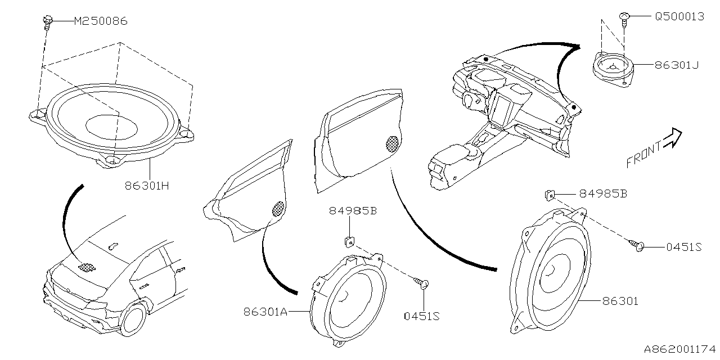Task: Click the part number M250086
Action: [x=101, y=21]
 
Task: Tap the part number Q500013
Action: [x=679, y=17]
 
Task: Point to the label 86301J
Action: [x=676, y=65]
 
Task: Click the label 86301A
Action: [x=265, y=311]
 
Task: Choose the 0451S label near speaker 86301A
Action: [x=421, y=316]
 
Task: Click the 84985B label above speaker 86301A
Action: [x=353, y=211]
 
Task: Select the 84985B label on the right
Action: [x=604, y=194]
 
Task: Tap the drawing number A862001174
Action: [x=679, y=349]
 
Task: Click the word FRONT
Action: [x=643, y=156]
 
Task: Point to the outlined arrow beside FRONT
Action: [x=672, y=138]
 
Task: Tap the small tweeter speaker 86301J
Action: [x=613, y=66]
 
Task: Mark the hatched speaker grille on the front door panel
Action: [x=393, y=143]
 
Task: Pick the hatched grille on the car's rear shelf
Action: [x=85, y=267]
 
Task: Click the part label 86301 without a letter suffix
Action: [x=620, y=301]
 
